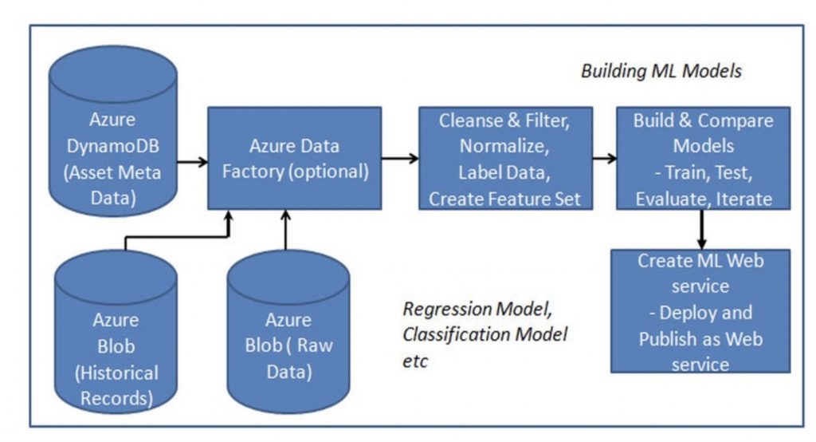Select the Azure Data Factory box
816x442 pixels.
295,159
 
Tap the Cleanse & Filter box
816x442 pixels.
505,159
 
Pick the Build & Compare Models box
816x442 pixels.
703,159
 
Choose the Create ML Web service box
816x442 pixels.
700,311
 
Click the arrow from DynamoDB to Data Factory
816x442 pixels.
193,162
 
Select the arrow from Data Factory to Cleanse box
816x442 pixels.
400,158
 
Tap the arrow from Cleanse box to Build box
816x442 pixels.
605,158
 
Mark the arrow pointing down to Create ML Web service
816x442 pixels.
701,229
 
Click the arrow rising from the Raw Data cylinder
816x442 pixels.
285,230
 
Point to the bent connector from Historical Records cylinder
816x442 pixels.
177,237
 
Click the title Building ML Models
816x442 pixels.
661,71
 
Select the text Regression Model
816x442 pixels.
477,309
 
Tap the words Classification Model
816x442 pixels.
485,334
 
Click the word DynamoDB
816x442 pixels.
113,146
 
